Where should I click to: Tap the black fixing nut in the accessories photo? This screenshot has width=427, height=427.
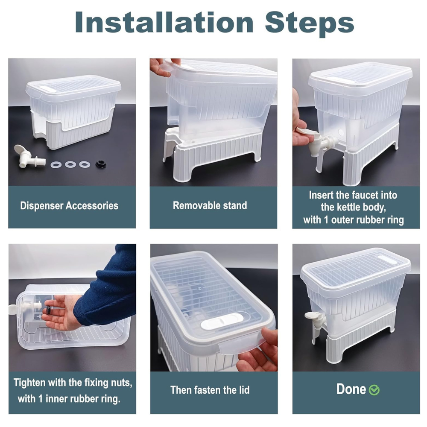coord(101,164)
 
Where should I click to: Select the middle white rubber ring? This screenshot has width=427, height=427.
coord(70,164)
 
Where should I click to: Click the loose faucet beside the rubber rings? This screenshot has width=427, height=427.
coord(26,157)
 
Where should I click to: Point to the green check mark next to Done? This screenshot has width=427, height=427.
coord(374,390)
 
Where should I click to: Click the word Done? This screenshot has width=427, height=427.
coord(351,389)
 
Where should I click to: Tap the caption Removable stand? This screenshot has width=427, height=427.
coord(210,205)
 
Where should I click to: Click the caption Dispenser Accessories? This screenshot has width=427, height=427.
coord(69,206)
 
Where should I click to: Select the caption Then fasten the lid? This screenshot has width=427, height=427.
coord(210,390)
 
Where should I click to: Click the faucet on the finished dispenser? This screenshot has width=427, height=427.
coord(316,324)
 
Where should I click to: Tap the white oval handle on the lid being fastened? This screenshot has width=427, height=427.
coord(222,322)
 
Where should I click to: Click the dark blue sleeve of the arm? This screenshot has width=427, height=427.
coord(109,283)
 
